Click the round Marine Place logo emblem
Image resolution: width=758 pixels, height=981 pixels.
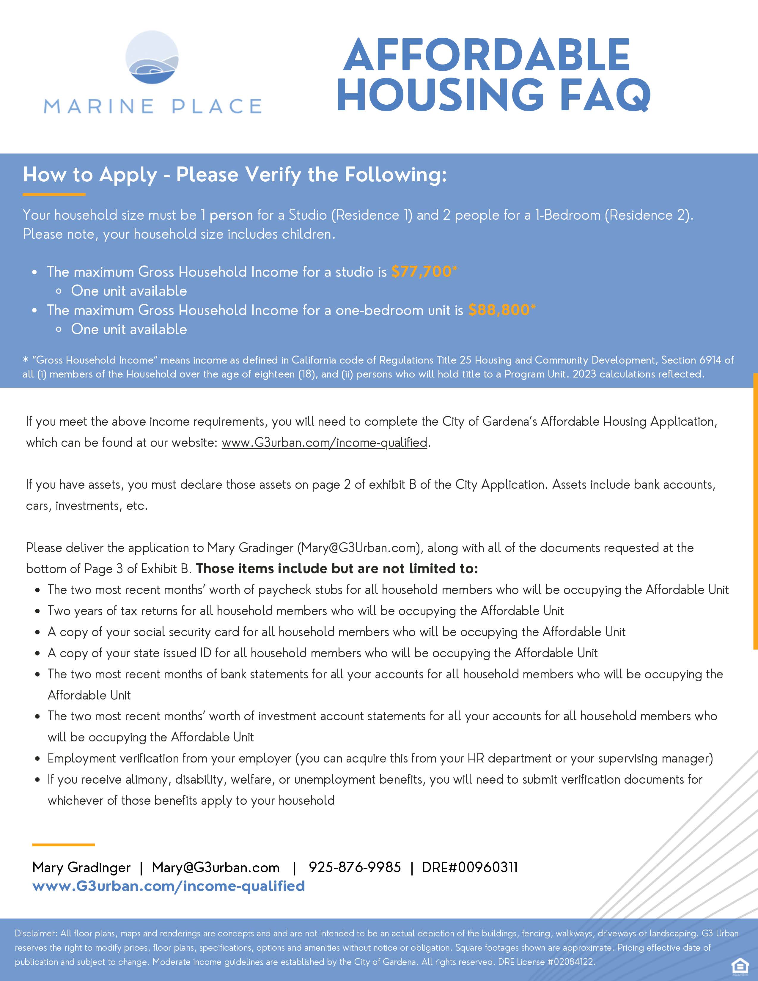pos(152,57)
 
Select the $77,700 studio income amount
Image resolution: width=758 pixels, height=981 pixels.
pos(421,271)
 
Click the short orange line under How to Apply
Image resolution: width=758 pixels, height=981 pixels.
pos(54,194)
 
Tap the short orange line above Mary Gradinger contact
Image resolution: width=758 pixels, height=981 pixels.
pos(63,845)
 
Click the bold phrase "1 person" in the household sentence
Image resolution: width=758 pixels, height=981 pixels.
pos(227,215)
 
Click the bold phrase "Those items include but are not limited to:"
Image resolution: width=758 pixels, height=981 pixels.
pos(337,569)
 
